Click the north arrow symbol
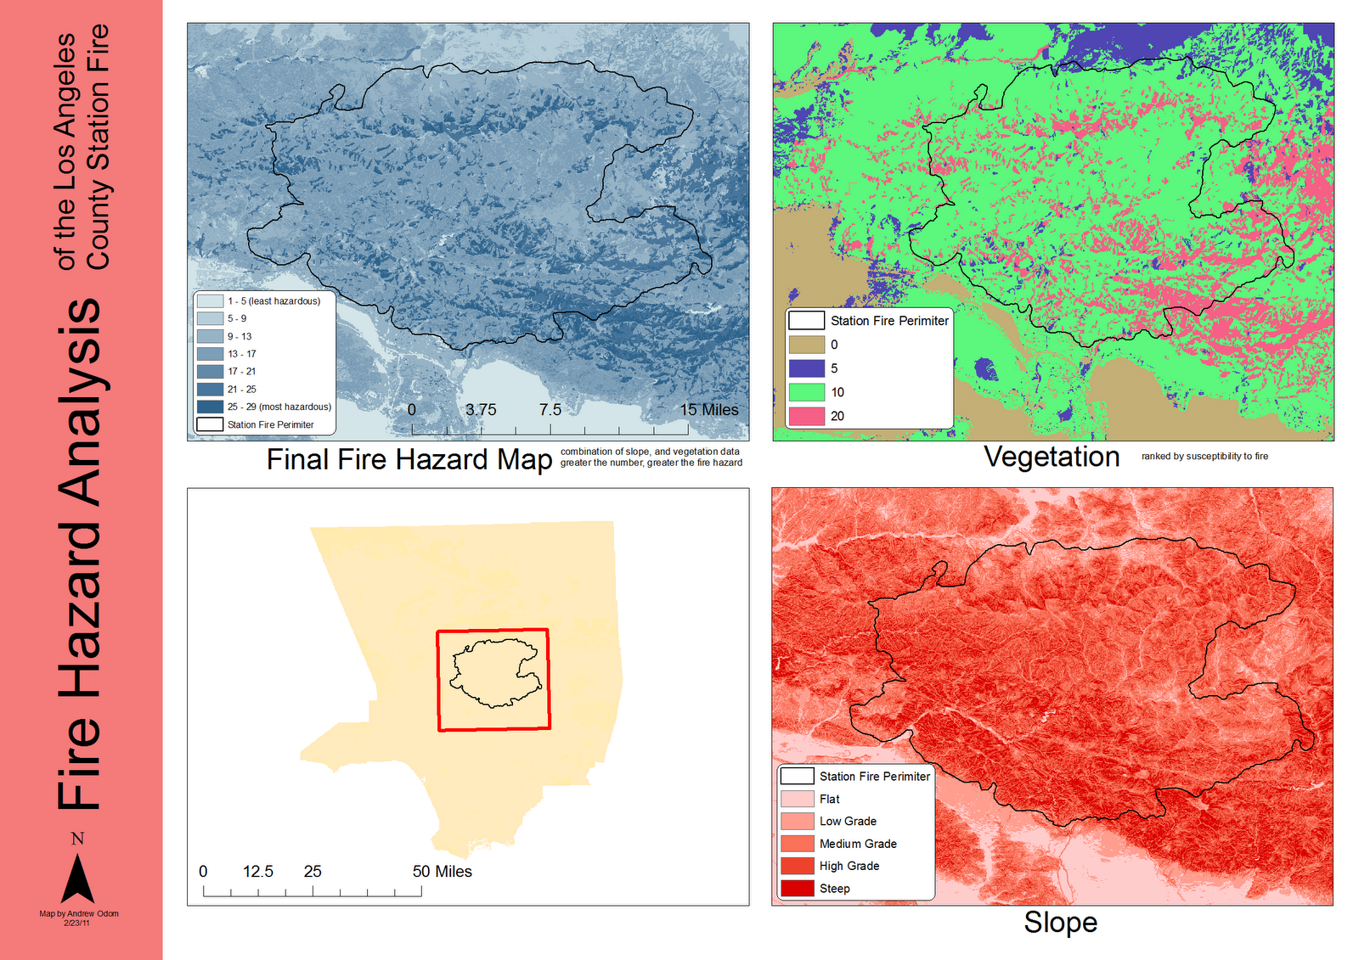(x=77, y=878)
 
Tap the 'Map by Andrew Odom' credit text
(x=79, y=913)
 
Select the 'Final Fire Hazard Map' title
(x=409, y=459)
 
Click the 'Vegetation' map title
(x=1052, y=457)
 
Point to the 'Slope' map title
(x=1060, y=922)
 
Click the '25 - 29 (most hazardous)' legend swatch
(x=210, y=407)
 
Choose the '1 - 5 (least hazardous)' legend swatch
(x=210, y=301)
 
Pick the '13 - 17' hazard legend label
(x=241, y=354)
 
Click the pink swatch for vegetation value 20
(x=806, y=416)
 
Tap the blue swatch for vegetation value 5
(x=806, y=368)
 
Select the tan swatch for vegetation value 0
(x=806, y=345)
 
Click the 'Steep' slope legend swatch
(x=797, y=889)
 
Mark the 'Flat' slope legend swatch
(x=797, y=799)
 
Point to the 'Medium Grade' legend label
(x=858, y=844)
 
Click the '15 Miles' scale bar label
(x=708, y=409)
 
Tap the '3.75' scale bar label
(x=481, y=409)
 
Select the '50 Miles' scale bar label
(x=442, y=871)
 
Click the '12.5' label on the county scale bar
(x=258, y=871)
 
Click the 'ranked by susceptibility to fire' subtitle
(x=1204, y=457)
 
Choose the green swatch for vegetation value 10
(x=806, y=392)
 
